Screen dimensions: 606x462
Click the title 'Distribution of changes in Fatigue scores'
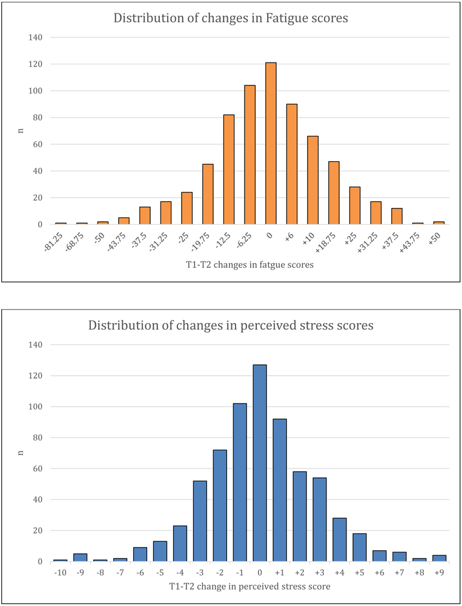(231, 18)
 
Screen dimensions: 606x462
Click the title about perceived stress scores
(231, 325)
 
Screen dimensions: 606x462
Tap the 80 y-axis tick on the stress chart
(37, 438)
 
